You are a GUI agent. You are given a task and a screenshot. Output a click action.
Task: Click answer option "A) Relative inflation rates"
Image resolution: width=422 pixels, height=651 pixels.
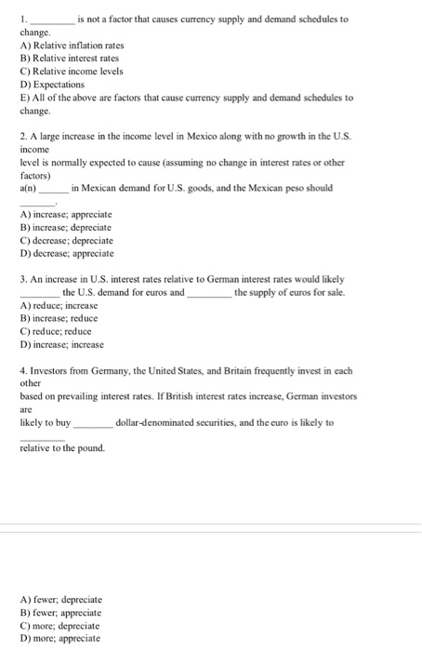(72, 44)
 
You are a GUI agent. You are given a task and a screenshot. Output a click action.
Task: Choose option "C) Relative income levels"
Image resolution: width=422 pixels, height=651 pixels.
(71, 70)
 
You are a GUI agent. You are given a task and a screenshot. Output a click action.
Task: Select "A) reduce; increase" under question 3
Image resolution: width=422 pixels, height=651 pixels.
(59, 305)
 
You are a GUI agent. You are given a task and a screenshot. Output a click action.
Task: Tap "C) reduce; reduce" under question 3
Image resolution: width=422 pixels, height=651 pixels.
(56, 332)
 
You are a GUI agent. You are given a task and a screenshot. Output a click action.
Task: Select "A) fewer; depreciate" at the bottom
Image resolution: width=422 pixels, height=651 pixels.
(60, 599)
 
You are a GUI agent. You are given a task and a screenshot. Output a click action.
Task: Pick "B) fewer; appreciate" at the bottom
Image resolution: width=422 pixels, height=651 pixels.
(59, 612)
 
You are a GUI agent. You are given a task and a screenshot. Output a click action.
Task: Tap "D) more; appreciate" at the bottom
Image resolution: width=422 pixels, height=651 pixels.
(59, 638)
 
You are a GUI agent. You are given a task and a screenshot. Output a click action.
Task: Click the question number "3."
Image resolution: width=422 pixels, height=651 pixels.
(23, 279)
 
